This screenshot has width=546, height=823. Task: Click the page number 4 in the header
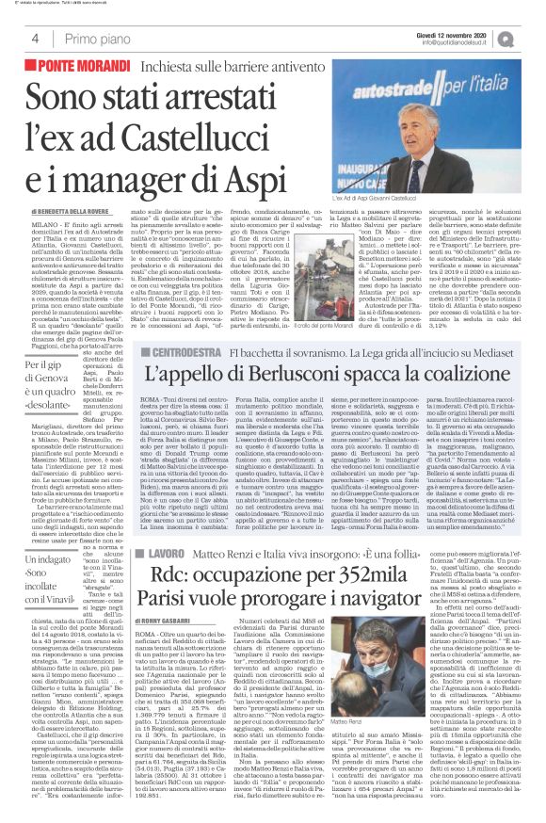pyautogui.click(x=35, y=39)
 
